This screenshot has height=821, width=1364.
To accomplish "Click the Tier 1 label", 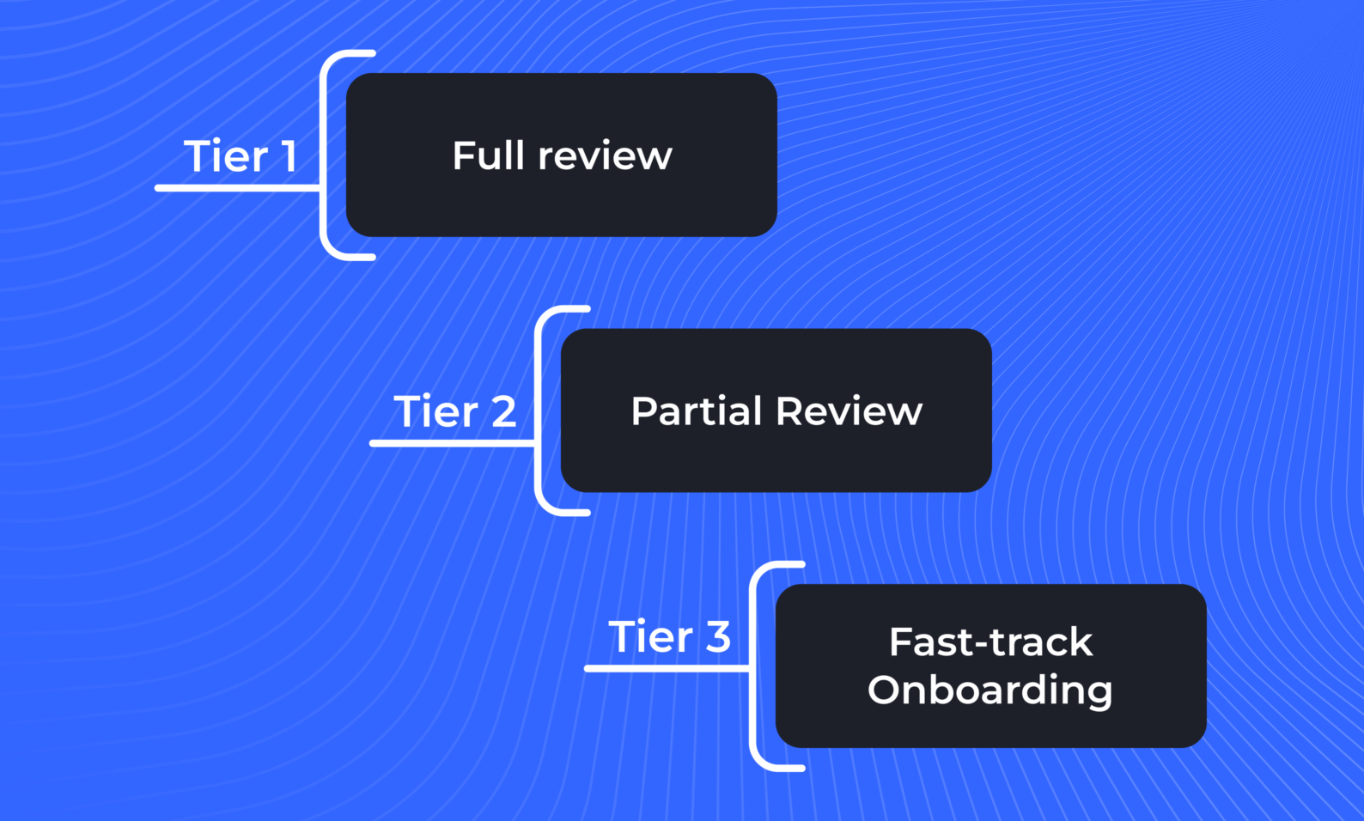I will click(241, 156).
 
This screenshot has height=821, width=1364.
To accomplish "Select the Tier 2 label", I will click(454, 411).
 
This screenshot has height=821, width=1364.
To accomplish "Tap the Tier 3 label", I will click(669, 637).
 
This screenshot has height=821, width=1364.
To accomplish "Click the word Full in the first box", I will click(488, 155).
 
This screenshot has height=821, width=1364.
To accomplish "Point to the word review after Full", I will click(605, 156).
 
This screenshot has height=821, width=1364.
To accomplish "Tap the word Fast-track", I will click(990, 642).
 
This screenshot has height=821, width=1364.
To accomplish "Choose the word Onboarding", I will click(990, 690).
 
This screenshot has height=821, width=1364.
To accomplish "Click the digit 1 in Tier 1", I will click(289, 156).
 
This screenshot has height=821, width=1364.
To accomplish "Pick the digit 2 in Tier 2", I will click(503, 411).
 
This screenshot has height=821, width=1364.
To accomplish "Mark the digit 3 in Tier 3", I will click(718, 637).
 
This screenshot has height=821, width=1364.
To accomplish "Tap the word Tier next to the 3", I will click(650, 637).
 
